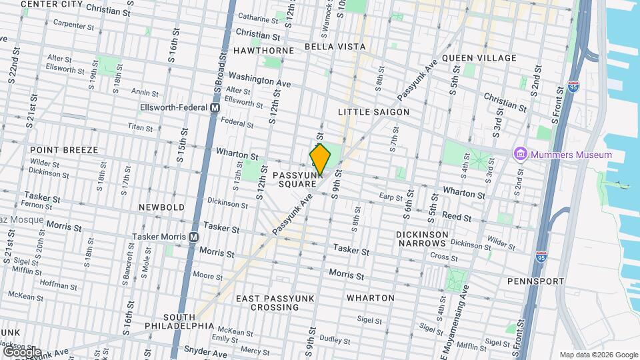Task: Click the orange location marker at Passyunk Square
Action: [x=320, y=159]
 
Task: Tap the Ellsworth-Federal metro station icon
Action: [x=215, y=107]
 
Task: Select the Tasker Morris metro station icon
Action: [x=194, y=237]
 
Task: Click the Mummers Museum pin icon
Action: [x=519, y=155]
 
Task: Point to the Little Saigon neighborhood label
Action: [x=373, y=112]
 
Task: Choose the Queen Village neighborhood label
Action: [x=479, y=58]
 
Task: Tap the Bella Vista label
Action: [x=335, y=47]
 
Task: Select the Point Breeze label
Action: [x=64, y=150]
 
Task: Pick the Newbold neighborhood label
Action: [x=161, y=207]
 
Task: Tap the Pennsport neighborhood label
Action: [x=535, y=281]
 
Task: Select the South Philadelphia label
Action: [x=180, y=321]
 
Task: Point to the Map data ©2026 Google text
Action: [x=598, y=355]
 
